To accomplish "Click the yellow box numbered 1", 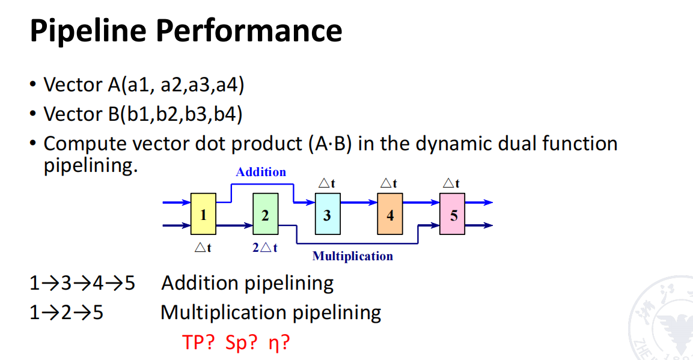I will (203, 214).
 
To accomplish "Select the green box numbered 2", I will (265, 214).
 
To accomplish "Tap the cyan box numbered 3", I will (328, 214).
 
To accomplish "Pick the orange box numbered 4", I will (390, 214).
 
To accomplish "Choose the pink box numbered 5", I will (453, 214).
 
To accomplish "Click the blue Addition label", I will (261, 172).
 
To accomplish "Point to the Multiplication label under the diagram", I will (352, 257).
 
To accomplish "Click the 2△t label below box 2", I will (264, 247).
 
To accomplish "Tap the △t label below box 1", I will (203, 247).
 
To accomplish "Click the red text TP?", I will (199, 343).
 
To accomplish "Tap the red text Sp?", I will (242, 343).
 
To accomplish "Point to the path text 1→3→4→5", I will (82, 282).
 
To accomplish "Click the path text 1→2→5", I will (66, 313).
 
